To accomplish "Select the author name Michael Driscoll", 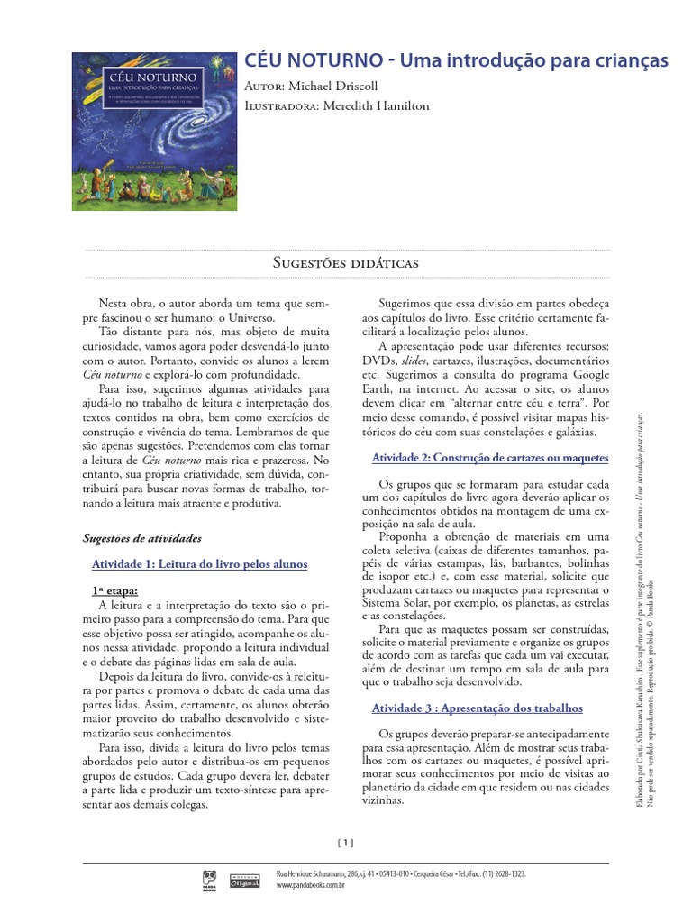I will click(341, 86).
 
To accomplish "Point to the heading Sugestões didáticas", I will click(346, 262).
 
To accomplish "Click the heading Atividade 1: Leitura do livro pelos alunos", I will click(200, 564).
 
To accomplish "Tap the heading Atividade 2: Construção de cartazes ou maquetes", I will click(490, 458).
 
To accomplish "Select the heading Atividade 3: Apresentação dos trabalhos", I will click(478, 708).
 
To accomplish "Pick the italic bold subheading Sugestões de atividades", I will click(141, 538).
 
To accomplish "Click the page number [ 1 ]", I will click(346, 843).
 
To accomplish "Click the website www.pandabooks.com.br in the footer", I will click(313, 886).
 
